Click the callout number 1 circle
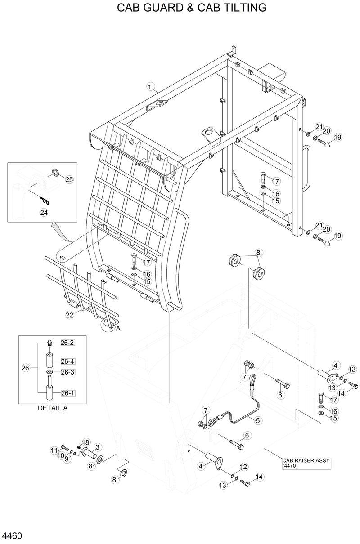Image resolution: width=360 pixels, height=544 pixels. click(x=150, y=85)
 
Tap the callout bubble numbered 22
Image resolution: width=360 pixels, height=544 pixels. click(x=69, y=315)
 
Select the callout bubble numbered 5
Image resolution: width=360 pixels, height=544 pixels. click(x=258, y=421)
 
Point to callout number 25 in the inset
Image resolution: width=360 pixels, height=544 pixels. click(x=69, y=180)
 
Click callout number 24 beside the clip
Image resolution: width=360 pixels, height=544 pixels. click(x=44, y=213)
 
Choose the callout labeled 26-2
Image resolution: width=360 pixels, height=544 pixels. click(x=67, y=343)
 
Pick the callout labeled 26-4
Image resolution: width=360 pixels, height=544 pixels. click(x=67, y=361)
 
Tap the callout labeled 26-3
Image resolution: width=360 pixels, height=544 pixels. click(x=67, y=372)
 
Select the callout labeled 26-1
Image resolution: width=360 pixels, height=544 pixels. click(x=67, y=393)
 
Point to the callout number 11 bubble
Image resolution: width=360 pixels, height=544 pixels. click(x=54, y=450)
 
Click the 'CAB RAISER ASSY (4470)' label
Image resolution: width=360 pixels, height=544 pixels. click(x=300, y=463)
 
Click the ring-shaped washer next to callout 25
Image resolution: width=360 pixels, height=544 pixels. click(x=56, y=172)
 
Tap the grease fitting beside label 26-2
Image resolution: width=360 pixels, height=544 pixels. click(x=49, y=343)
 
